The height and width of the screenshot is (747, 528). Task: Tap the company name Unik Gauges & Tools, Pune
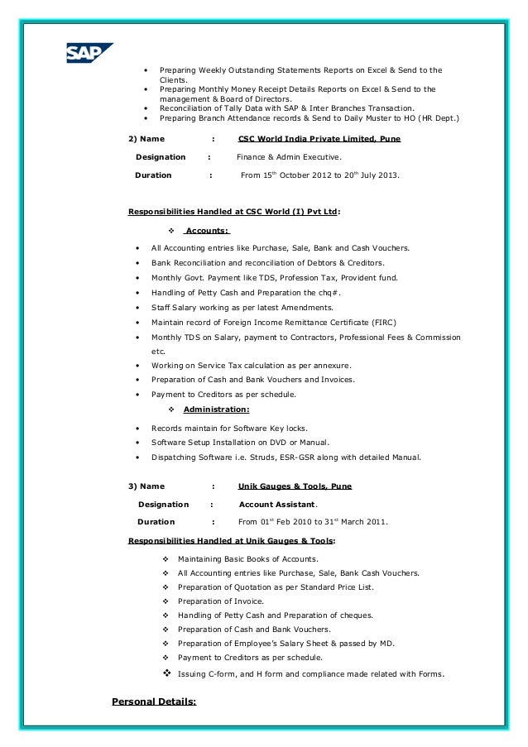pyautogui.click(x=295, y=487)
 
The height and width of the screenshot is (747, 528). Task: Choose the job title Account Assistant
pyautogui.click(x=277, y=504)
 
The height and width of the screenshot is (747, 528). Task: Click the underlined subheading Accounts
pyautogui.click(x=206, y=231)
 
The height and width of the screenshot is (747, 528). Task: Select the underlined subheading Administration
pyautogui.click(x=216, y=409)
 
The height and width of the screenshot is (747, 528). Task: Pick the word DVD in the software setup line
pyautogui.click(x=275, y=443)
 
